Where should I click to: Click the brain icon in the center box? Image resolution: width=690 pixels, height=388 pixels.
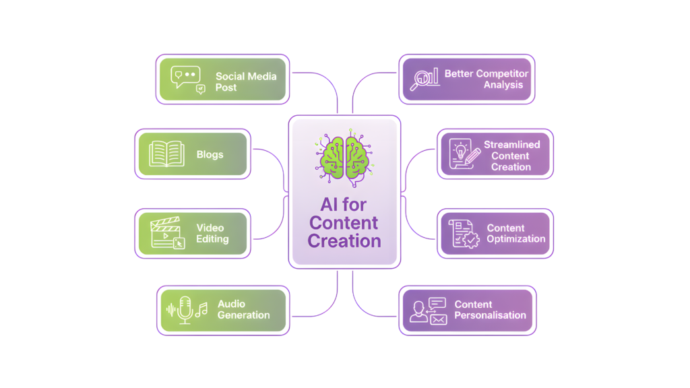[344, 157]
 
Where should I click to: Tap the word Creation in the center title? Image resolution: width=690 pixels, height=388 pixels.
[344, 240]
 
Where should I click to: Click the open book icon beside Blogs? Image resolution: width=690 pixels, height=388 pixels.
[166, 154]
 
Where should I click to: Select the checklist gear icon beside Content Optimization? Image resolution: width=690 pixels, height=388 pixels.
[464, 233]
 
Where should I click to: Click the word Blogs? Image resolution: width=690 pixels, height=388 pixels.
[210, 154]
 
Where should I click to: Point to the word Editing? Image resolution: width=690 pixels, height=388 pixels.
[212, 239]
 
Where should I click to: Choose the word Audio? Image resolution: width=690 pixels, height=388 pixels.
[231, 304]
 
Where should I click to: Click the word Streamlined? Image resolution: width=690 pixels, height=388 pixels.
[511, 145]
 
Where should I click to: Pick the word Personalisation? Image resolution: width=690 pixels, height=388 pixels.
[490, 315]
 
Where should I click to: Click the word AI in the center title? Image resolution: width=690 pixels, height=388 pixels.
[328, 205]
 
